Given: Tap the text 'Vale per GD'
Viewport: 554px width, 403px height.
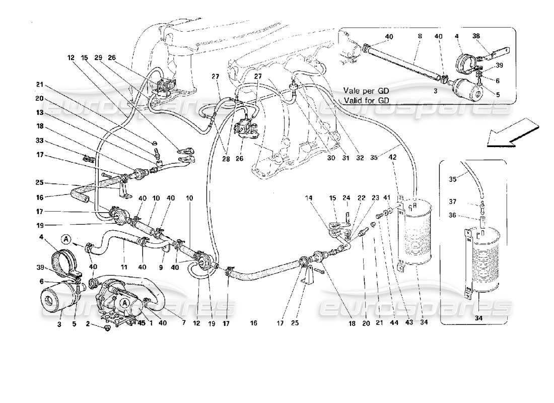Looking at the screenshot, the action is click(367, 91).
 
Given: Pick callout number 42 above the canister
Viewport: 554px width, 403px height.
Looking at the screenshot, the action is click(393, 157).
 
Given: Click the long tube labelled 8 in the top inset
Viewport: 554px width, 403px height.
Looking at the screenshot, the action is click(403, 61).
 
